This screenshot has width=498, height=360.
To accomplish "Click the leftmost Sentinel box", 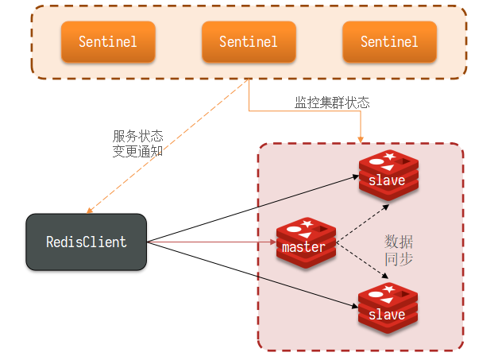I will coord(107,41).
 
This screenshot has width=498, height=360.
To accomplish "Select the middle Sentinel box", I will coord(248,41).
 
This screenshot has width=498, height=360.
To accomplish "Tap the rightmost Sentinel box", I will coord(389,41).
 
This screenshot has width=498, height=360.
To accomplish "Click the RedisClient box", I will coord(86,242).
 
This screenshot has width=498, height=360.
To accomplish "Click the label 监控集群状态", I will coord(332,103).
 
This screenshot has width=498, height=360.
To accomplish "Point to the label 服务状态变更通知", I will coord(137,143).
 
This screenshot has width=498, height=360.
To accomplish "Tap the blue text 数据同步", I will coord(398,250).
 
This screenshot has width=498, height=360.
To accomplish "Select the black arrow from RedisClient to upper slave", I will coord(254,209).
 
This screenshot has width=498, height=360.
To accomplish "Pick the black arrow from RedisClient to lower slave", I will coord(254,273).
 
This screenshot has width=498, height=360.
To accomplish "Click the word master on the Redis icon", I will coord(303,247).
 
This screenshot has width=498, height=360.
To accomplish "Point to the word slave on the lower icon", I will coord(387,315).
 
